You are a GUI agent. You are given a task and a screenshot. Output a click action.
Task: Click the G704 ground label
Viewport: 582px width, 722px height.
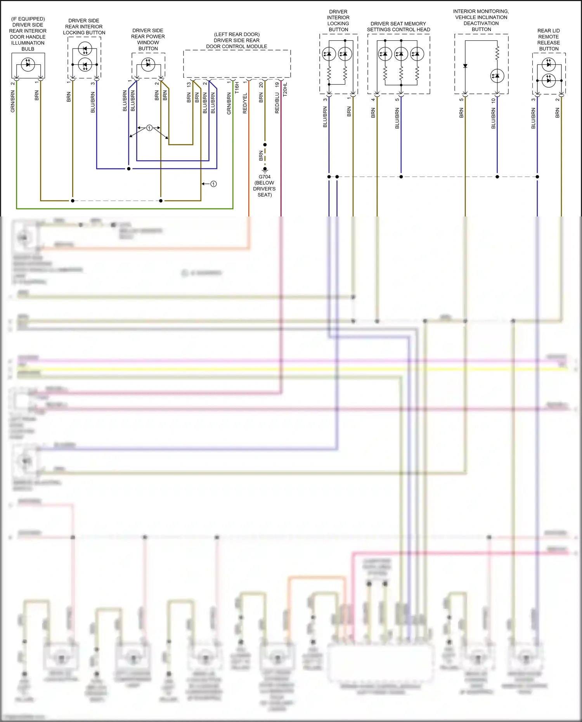pos(265,177)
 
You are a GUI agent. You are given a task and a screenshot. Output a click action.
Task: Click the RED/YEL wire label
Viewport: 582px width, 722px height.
pos(245,103)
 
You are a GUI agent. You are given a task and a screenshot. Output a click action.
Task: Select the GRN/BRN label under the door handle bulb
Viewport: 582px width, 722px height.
pos(13,102)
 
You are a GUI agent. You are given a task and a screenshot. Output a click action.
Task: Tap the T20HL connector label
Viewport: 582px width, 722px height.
pos(285,90)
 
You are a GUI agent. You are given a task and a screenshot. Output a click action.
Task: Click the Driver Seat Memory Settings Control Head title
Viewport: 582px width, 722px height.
pos(398,26)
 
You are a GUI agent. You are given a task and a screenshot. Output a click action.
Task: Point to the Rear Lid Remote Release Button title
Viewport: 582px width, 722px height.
pos(549,40)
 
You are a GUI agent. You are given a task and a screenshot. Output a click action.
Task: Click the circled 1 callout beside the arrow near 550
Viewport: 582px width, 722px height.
pos(213,184)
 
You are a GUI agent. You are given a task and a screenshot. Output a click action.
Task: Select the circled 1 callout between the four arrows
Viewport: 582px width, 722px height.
pos(149,128)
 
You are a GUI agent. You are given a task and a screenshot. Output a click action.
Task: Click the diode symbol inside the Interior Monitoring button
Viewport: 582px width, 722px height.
pos(465,66)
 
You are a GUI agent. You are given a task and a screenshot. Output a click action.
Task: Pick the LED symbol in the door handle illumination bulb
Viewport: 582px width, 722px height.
pos(28,64)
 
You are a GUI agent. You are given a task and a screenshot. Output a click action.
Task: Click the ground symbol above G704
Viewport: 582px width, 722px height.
pos(265,170)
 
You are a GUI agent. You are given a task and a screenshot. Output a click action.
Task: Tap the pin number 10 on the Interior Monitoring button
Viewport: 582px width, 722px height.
pos(493,100)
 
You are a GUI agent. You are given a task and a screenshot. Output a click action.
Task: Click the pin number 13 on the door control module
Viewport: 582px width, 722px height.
pos(189,85)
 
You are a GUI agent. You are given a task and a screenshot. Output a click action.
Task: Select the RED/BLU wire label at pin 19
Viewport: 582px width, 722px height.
pos(277,103)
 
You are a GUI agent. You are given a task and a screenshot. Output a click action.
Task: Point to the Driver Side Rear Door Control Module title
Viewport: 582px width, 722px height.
pos(237,40)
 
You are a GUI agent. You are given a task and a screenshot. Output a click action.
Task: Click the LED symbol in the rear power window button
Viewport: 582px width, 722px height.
pos(148,64)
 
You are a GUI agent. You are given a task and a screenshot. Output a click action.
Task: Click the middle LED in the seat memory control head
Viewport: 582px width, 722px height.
pos(401,54)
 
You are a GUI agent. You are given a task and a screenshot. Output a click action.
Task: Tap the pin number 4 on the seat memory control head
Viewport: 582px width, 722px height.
pos(373,100)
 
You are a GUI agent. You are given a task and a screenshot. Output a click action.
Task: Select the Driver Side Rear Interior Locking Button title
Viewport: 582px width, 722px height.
pos(84,26)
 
